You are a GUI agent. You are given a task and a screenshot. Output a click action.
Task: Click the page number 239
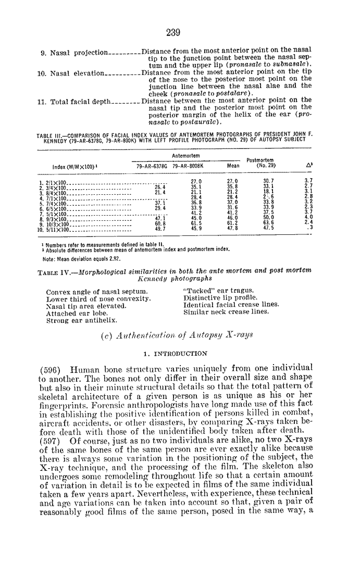point(173,33)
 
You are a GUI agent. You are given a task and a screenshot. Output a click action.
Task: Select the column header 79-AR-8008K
point(188,166)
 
